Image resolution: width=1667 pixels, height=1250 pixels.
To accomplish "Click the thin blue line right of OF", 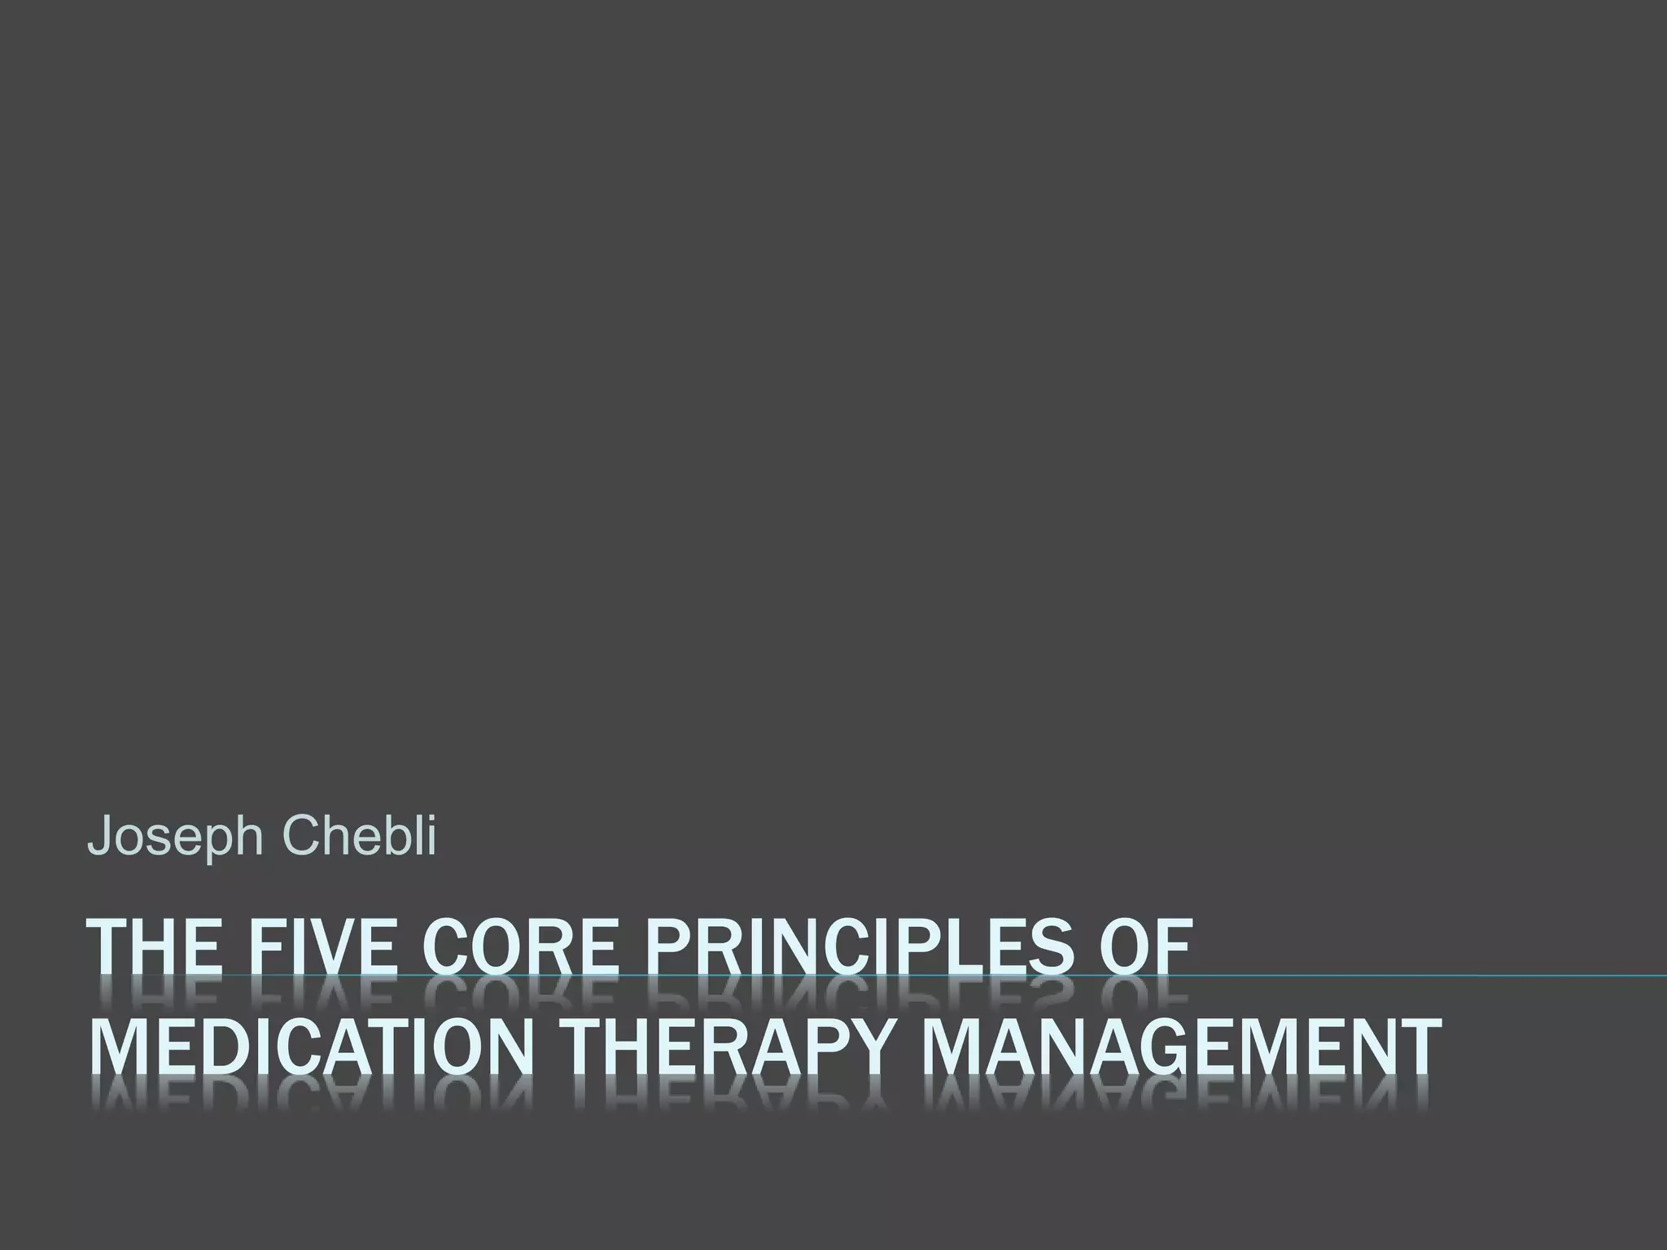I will [x=1424, y=975].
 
